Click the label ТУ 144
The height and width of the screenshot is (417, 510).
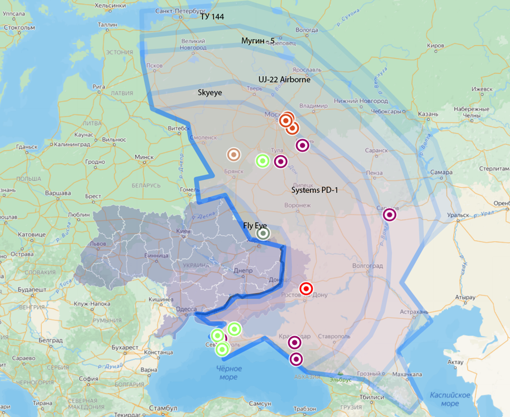(x=212, y=17)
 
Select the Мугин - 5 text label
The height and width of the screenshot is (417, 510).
(x=258, y=40)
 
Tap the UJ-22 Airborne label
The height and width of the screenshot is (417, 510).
(x=284, y=80)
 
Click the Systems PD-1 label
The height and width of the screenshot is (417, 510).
(x=315, y=190)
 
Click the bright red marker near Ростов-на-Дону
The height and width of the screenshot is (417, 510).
(x=306, y=289)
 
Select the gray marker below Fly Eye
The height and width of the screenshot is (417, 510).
(x=263, y=234)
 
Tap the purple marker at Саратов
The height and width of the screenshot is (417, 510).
(x=389, y=215)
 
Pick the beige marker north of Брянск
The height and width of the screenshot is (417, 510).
(x=233, y=154)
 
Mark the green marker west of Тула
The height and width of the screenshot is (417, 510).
(x=262, y=161)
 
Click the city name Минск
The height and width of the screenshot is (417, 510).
(x=144, y=157)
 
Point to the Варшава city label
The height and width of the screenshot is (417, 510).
(x=58, y=193)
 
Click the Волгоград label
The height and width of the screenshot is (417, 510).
(x=367, y=266)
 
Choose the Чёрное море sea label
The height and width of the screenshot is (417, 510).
(x=228, y=373)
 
